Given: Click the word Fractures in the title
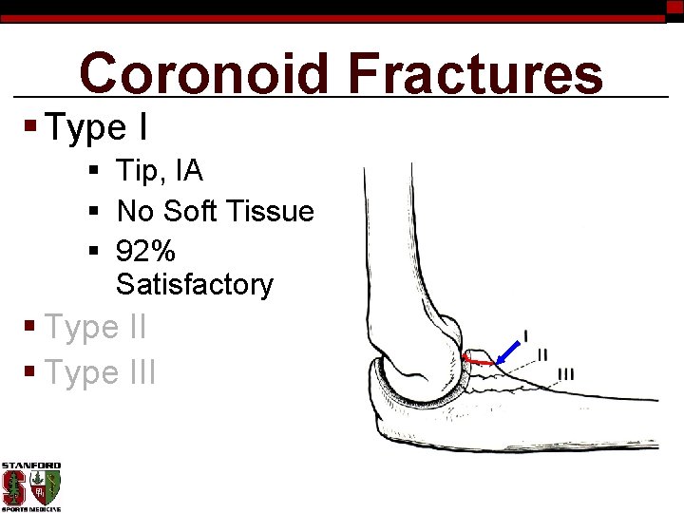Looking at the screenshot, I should pyautogui.click(x=475, y=74).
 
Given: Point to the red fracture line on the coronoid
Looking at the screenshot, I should pyautogui.click(x=479, y=361).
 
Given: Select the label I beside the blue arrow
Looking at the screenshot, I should pyautogui.click(x=526, y=334).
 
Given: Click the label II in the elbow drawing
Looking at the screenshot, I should pyautogui.click(x=542, y=354).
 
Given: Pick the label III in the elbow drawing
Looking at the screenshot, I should pyautogui.click(x=566, y=373).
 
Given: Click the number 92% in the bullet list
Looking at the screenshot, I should pyautogui.click(x=145, y=251).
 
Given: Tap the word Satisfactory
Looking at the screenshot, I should pyautogui.click(x=195, y=284).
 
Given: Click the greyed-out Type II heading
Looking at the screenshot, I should pyautogui.click(x=96, y=328).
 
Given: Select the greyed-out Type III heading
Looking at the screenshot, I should pyautogui.click(x=101, y=372).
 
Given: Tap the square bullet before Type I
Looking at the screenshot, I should pyautogui.click(x=30, y=126).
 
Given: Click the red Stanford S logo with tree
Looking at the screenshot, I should pyautogui.click(x=14, y=488).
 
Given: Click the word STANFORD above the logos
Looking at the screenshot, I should pyautogui.click(x=30, y=466).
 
